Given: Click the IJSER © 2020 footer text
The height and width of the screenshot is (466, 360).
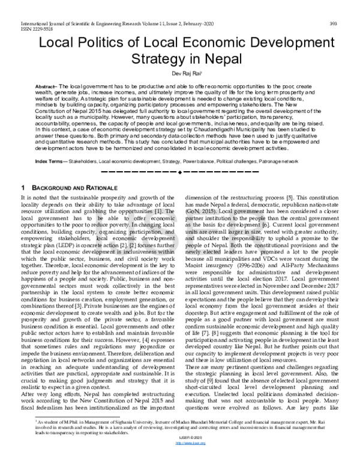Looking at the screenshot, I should [x=180, y=455].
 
